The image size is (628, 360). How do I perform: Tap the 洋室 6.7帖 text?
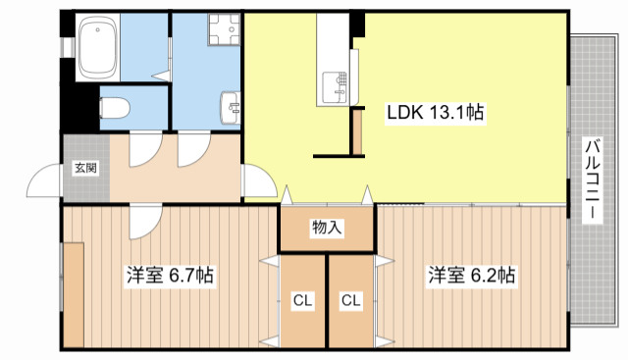coord(169,276)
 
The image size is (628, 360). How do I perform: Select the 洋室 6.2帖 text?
coord(470,276)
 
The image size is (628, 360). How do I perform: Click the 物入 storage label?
coord(327,228)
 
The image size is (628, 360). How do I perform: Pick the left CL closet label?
coord(302,300)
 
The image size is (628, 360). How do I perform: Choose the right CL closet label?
coord(350,300)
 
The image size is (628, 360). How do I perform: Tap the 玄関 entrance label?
coord(84,168)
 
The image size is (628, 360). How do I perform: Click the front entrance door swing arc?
coord(44,181)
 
